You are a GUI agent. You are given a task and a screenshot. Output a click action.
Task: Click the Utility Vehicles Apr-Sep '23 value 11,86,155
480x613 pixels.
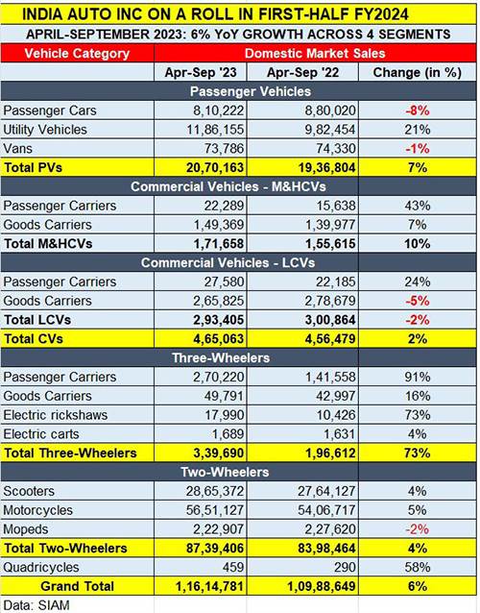pos(215,130)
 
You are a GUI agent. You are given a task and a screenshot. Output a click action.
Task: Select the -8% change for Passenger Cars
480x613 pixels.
pos(417,110)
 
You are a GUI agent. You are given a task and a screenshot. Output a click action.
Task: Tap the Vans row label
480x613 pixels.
pos(17,149)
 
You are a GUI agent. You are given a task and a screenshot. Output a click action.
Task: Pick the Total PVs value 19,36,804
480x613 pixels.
pos(327,168)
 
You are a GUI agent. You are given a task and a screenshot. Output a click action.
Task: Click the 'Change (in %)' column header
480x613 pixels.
pos(417,73)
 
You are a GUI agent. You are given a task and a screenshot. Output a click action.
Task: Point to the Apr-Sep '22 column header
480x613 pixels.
pos(302,73)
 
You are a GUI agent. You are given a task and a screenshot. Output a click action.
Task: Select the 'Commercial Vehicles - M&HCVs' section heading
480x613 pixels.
pos(228,186)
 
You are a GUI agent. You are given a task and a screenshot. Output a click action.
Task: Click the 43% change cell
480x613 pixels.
pos(417,206)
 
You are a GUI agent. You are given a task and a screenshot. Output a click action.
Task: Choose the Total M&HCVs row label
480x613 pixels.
pos(48,244)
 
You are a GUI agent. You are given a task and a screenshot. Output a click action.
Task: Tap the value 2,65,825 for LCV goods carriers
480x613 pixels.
pos(218,301)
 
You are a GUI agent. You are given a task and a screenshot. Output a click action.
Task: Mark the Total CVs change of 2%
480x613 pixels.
pos(417,339)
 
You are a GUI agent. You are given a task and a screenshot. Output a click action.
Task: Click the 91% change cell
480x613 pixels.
pos(417,377)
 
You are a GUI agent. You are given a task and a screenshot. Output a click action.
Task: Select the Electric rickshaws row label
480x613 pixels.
pos(56,415)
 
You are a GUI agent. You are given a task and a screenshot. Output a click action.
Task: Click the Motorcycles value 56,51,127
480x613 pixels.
pos(215,510)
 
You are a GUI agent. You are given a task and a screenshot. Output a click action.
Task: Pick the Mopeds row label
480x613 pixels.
pos(26,529)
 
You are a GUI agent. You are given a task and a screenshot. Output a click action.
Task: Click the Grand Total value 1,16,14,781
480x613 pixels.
pos(209,586)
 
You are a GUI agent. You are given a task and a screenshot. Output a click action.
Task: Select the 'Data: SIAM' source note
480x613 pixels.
pos(36,605)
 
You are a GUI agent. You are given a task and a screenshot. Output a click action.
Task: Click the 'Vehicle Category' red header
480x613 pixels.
pos(77,54)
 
